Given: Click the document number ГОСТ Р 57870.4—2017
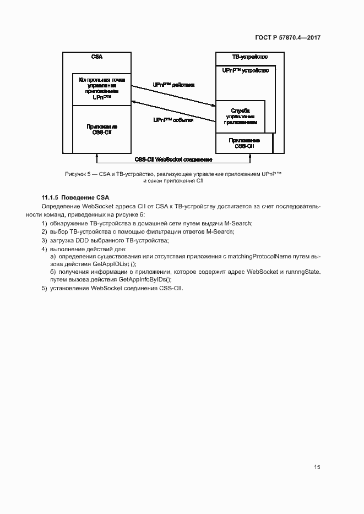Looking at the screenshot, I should (287, 38).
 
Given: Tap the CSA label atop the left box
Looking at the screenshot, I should (96, 57).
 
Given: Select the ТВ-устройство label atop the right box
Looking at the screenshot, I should (249, 57).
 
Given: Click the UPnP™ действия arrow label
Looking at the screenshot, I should (173, 86).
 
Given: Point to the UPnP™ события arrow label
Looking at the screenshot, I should (173, 120).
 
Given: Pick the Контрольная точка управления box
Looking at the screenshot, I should (102, 89).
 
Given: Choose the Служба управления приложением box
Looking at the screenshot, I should (241, 117).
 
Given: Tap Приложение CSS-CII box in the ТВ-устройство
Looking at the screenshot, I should (244, 143).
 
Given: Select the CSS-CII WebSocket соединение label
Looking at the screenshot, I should (173, 159).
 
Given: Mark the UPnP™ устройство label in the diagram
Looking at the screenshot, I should (246, 71).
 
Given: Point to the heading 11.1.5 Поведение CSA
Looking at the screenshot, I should (75, 197).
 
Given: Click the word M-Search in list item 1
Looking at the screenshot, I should (239, 223).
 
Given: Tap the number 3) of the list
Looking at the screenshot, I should (44, 240).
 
